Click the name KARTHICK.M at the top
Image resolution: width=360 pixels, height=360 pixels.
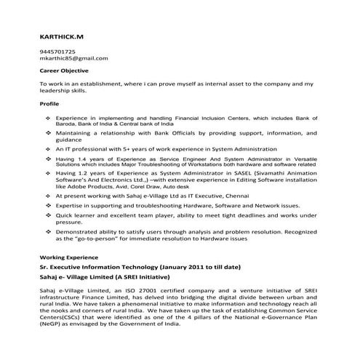click(61, 36)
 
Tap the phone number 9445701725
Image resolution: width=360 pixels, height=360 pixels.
click(56, 52)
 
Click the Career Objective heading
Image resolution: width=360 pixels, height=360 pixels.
click(64, 71)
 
